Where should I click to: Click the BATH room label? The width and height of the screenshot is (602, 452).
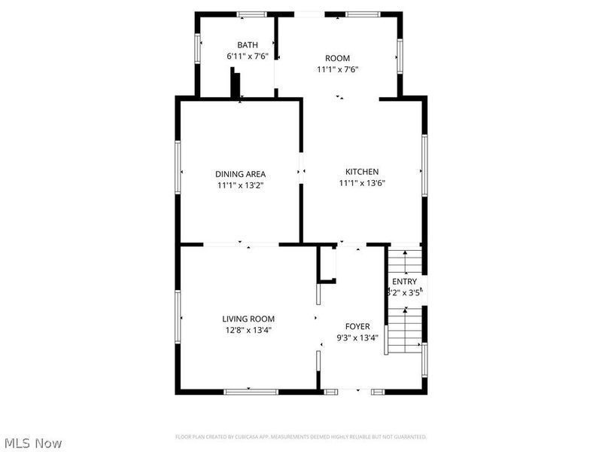pos(247,45)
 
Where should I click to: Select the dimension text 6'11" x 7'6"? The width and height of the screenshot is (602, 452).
pos(247,56)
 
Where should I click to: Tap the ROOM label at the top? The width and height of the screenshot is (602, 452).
pos(337,58)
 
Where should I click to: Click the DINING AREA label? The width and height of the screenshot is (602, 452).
pos(240,174)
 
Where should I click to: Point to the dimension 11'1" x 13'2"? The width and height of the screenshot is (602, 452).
pos(240,185)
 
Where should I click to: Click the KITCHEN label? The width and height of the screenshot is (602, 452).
pos(362,172)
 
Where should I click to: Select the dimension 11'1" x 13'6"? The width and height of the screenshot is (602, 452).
pos(362,182)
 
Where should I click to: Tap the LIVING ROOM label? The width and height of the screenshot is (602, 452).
pos(248,319)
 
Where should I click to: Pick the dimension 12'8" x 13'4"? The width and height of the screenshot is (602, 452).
pos(248,329)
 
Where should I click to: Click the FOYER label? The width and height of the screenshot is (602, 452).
pos(357,326)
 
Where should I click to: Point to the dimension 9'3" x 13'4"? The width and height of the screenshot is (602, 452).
pos(357,337)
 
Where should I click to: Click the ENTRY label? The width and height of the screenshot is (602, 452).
pos(404,282)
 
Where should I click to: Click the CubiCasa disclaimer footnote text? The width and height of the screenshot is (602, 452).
pos(301,437)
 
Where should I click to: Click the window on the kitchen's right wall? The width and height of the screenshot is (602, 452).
pos(424,164)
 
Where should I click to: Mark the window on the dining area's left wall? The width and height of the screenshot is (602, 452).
pos(178,167)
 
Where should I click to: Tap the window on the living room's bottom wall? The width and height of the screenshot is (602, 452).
pos(251,391)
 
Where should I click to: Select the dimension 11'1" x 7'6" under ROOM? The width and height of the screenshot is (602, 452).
pos(337,69)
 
